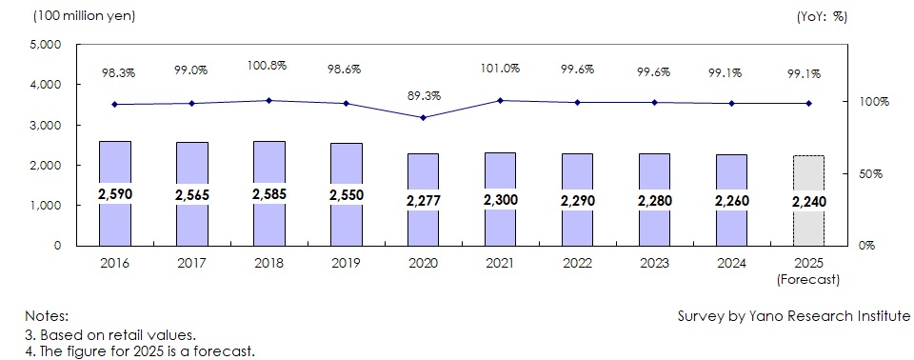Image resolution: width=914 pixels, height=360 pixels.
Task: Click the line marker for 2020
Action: (x=423, y=117)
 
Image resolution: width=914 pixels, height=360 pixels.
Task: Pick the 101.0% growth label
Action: (x=500, y=68)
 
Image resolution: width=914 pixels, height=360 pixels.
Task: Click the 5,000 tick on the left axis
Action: (x=45, y=45)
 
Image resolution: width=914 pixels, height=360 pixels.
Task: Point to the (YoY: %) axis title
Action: (x=821, y=16)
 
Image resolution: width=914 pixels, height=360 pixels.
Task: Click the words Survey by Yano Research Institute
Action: (x=793, y=315)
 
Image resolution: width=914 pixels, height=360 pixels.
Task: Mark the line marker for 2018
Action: (x=268, y=100)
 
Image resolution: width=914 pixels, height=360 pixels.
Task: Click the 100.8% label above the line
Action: (x=268, y=67)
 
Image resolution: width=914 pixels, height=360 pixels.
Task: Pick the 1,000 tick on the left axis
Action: (x=45, y=206)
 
